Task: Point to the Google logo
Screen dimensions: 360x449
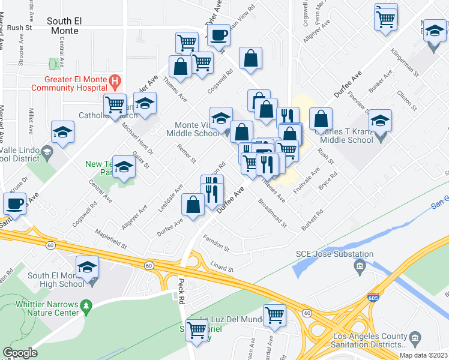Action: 20,353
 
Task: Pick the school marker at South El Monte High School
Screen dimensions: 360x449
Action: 88,266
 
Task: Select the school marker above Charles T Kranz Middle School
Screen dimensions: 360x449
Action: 380,121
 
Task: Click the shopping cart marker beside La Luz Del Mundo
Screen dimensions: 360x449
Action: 274,315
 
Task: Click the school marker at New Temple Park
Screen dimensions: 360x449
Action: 124,168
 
